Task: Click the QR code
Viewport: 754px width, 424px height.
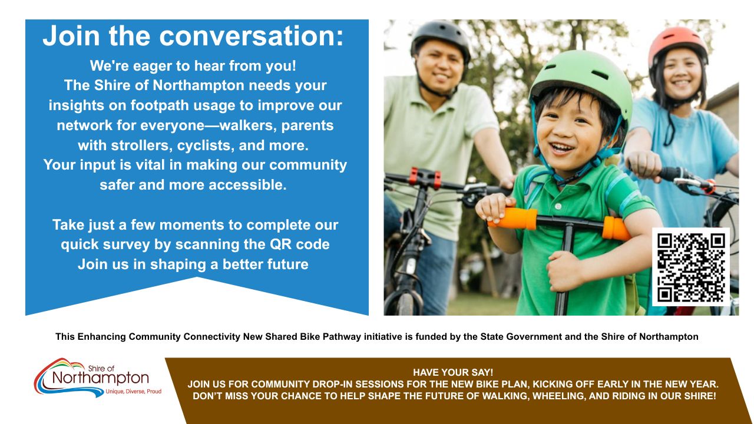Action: (691, 267)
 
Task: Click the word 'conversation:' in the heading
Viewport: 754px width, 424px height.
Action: (251, 36)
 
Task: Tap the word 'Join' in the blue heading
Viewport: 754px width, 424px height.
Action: (71, 36)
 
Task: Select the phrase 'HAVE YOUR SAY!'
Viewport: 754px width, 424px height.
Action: (453, 372)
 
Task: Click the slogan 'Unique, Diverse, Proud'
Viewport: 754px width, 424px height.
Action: (134, 392)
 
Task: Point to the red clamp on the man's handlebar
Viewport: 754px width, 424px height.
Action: (425, 178)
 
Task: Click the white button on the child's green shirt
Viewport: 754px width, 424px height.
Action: (558, 206)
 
